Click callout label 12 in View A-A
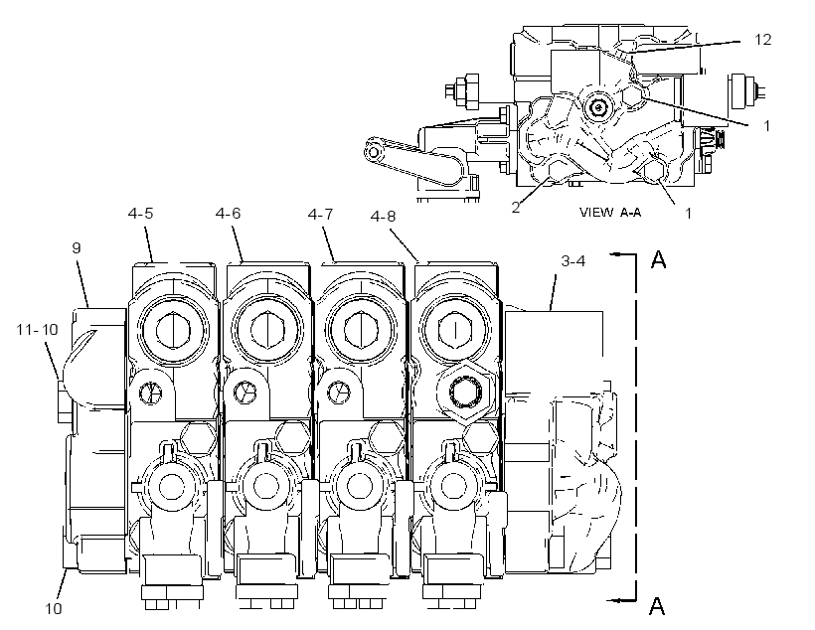pyautogui.click(x=762, y=40)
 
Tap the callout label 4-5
pyautogui.click(x=140, y=213)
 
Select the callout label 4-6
pyautogui.click(x=229, y=213)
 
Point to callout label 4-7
pyautogui.click(x=320, y=215)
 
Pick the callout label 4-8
pyautogui.click(x=383, y=217)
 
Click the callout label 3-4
pyautogui.click(x=573, y=261)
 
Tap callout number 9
pyautogui.click(x=77, y=248)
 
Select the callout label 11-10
pyautogui.click(x=37, y=330)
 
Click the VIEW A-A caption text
pyautogui.click(x=610, y=212)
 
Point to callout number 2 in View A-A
pyautogui.click(x=515, y=207)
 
